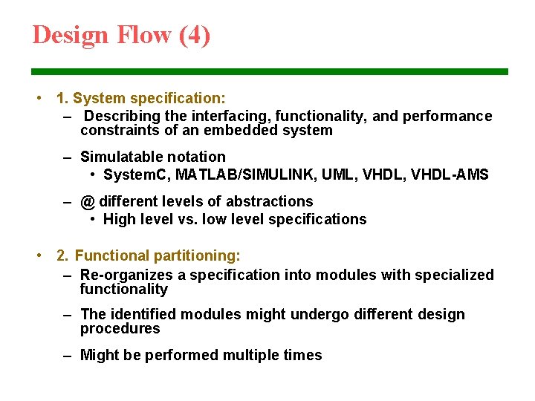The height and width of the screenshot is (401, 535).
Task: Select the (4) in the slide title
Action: point(195,35)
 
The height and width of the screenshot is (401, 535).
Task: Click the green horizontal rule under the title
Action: point(269,72)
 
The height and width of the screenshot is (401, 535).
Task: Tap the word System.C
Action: point(135,175)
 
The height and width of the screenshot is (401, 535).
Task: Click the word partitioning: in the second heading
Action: point(197,255)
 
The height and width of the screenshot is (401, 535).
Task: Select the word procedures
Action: point(120,329)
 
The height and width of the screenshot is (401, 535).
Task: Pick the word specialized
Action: point(451,275)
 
